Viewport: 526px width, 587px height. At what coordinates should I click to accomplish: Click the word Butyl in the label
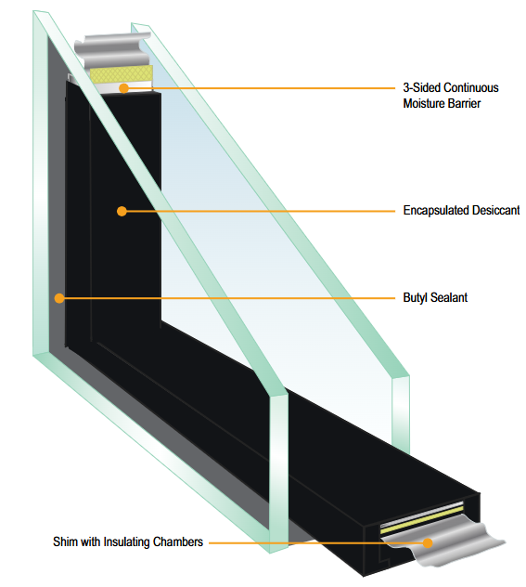(415, 298)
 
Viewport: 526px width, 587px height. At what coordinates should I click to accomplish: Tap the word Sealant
(449, 297)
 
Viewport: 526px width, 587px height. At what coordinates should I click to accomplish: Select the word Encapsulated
(436, 211)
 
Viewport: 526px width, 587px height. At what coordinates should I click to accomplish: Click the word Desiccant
(496, 210)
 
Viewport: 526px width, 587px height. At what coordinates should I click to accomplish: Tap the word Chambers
(178, 541)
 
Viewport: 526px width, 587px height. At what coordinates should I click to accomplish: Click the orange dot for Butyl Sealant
(59, 298)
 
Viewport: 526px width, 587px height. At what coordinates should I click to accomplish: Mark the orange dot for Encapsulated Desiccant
(122, 211)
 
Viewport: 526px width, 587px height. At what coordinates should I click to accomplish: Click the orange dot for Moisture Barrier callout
(123, 88)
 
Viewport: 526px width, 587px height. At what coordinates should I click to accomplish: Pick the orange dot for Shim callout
(428, 542)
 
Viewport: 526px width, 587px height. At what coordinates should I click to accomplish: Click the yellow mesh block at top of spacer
(122, 73)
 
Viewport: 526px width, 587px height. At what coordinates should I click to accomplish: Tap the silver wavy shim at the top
(112, 48)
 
